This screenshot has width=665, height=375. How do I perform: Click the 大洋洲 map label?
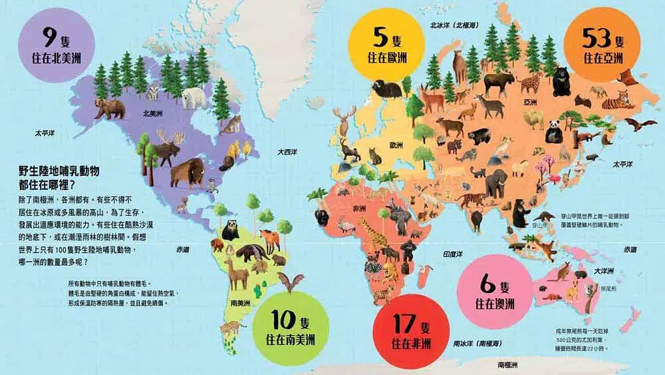pyautogui.click(x=603, y=270)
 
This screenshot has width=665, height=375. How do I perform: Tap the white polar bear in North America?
pyautogui.click(x=195, y=98)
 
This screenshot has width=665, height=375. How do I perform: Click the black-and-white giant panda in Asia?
pyautogui.click(x=553, y=131)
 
